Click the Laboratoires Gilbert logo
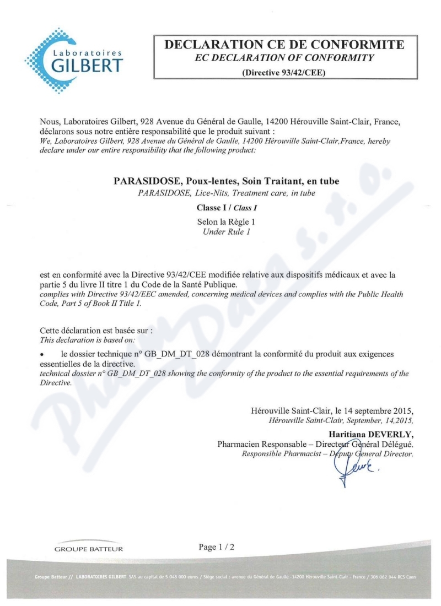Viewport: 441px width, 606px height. (x=74, y=60)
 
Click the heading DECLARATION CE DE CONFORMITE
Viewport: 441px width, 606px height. (x=284, y=45)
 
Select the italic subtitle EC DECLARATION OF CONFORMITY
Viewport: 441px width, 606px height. (x=284, y=57)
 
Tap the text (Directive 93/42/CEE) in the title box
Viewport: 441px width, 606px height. (x=284, y=72)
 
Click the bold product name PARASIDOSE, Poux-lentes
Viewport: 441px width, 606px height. (x=226, y=181)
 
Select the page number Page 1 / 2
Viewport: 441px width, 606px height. (x=217, y=547)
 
